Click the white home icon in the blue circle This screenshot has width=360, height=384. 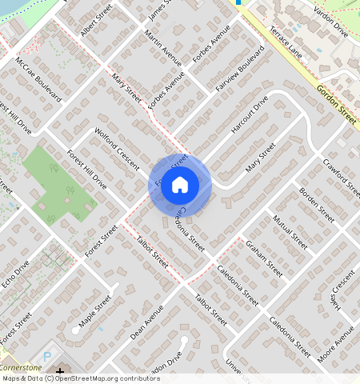pos(180,185)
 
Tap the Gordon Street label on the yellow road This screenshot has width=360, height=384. pos(336,104)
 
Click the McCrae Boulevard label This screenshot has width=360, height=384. pos(38,77)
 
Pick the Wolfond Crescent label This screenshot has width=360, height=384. pos(117,147)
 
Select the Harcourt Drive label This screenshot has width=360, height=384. pos(250,118)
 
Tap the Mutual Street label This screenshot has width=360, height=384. pos(289,231)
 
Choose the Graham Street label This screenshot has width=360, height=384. pos(265,258)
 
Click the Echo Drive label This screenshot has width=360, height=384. pos(15,273)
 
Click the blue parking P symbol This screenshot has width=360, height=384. pos(46,354)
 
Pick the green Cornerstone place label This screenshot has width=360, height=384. pos(21,366)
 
